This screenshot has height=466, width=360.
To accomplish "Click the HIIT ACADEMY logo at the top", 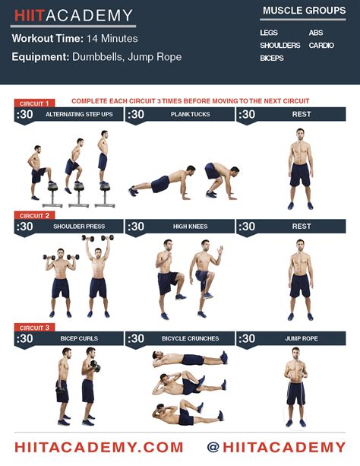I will [x=73, y=15].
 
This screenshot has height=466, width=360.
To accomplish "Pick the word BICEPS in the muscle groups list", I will [x=273, y=58].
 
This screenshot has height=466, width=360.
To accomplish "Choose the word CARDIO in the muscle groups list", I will [x=321, y=46].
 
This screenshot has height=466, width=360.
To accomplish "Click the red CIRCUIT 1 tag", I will [x=33, y=103].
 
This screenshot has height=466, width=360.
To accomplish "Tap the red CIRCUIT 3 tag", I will [x=33, y=328].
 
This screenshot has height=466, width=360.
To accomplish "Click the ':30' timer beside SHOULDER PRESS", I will [x=25, y=227].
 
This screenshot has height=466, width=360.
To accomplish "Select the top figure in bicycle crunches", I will [x=186, y=359].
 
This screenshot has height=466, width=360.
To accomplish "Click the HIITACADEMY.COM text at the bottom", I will [x=99, y=447].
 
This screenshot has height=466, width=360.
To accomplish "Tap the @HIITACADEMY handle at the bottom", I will [x=276, y=447].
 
